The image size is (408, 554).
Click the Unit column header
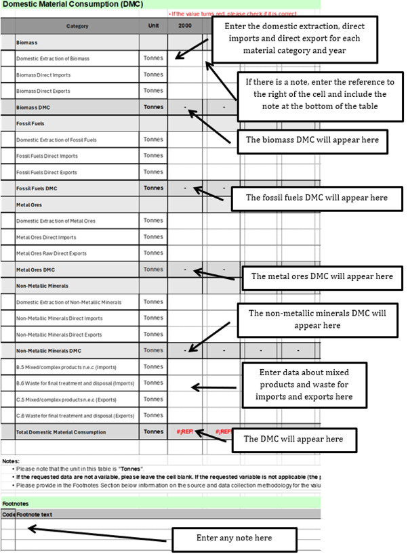pos(153,26)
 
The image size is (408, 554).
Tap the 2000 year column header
pos(184,26)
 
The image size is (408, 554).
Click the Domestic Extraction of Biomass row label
pos(53,58)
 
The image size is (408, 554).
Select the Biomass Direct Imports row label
pos(43,74)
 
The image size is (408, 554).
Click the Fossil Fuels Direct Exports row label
pos(47,172)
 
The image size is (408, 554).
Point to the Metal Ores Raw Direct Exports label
pos(52,253)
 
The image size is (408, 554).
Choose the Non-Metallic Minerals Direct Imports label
pos(60,318)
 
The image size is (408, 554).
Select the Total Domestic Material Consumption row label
pos(61,432)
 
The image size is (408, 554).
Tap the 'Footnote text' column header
pos(35,514)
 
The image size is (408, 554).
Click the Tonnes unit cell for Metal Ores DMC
pos(153,270)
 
